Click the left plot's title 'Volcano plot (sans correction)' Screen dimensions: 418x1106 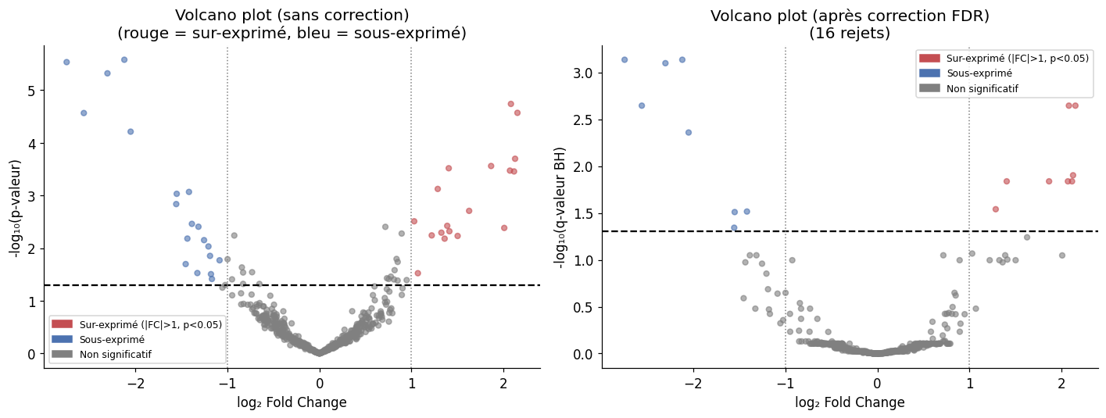point(292,15)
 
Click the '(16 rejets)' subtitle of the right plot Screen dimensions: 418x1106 point(850,34)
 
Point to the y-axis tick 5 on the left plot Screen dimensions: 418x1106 point(32,91)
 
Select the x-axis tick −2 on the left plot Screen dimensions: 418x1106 point(136,384)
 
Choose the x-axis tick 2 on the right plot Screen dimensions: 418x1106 point(1061,384)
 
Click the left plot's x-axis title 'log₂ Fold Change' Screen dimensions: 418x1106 point(292,402)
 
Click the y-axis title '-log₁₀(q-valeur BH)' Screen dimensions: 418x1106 point(560,206)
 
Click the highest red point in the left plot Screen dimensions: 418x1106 point(510,103)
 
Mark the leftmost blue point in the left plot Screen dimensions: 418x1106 point(66,62)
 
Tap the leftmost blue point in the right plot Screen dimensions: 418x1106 point(625,59)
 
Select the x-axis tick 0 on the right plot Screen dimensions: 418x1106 point(878,384)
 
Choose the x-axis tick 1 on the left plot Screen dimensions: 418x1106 point(411,384)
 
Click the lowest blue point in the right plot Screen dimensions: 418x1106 point(734,227)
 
